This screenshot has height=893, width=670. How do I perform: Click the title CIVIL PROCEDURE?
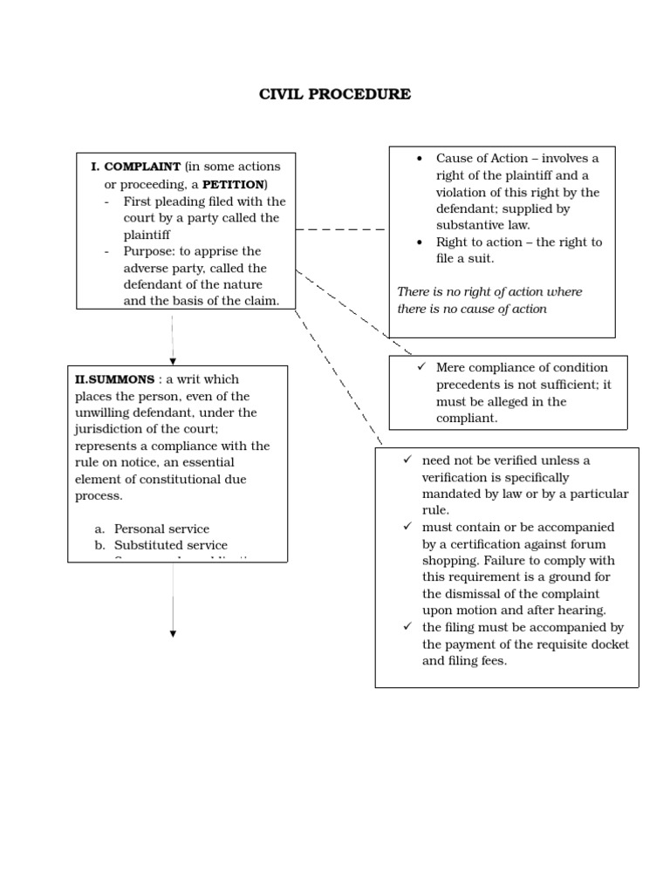pyautogui.click(x=335, y=94)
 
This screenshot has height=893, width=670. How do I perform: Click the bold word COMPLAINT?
pyautogui.click(x=142, y=167)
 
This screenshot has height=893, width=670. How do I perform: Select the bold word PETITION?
pyautogui.click(x=233, y=184)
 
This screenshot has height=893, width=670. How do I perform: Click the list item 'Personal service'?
pyautogui.click(x=161, y=528)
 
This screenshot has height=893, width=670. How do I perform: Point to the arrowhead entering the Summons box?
pyautogui.click(x=173, y=360)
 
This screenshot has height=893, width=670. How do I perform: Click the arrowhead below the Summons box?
pyautogui.click(x=173, y=634)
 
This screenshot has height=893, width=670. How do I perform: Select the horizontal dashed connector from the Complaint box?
pyautogui.click(x=342, y=229)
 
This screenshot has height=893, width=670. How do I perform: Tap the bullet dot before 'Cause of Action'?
pyautogui.click(x=420, y=159)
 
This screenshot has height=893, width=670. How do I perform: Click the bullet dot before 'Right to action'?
pyautogui.click(x=420, y=242)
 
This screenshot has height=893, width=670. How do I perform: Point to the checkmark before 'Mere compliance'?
pyautogui.click(x=420, y=367)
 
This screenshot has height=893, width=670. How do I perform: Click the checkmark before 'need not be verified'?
pyautogui.click(x=407, y=460)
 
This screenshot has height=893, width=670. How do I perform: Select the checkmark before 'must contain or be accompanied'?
pyautogui.click(x=407, y=528)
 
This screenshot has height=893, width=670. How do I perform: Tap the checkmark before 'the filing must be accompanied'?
pyautogui.click(x=407, y=627)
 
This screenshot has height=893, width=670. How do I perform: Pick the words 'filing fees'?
pyautogui.click(x=477, y=661)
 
